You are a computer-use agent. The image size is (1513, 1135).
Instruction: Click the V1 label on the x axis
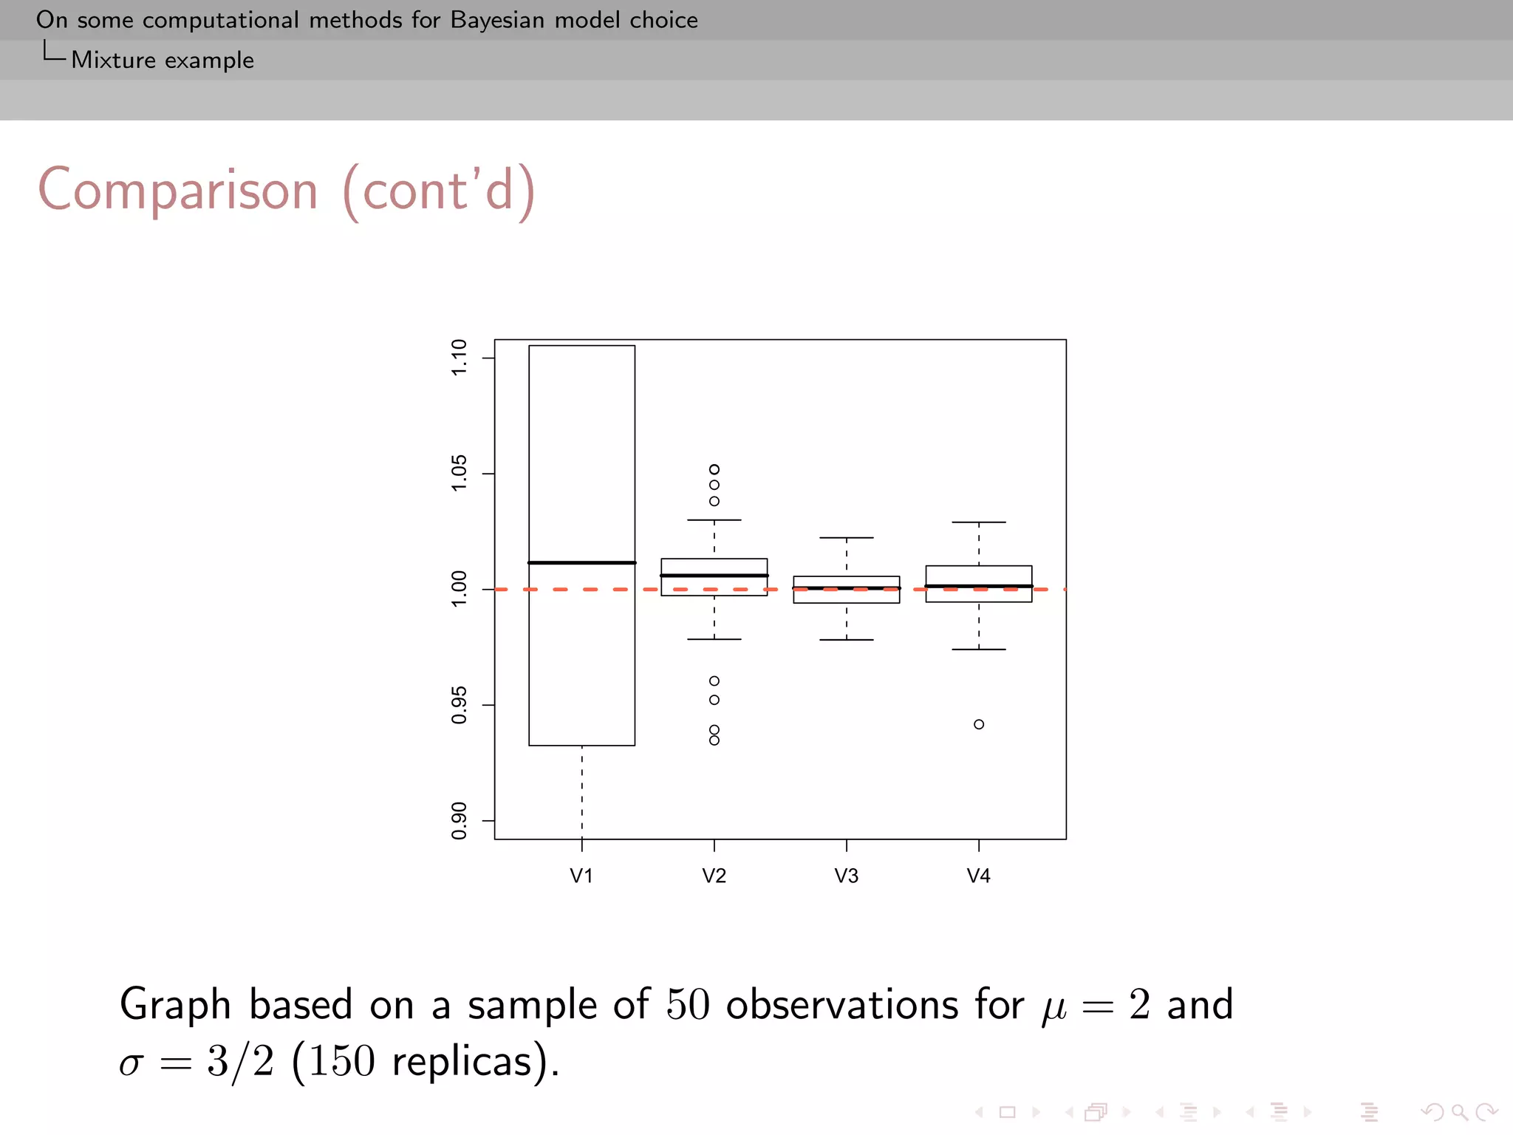coord(581,876)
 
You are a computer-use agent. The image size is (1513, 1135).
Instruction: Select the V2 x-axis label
coord(714,876)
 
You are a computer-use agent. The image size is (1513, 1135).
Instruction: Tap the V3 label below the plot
coord(846,876)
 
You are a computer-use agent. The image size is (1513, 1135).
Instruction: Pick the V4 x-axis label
coord(978,876)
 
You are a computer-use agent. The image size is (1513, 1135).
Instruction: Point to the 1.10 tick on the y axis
coord(460,358)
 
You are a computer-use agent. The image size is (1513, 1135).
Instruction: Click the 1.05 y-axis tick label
coord(460,473)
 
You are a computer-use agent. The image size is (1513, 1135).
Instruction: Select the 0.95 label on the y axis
coord(460,705)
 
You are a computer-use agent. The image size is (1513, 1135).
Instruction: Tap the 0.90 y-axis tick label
coord(460,820)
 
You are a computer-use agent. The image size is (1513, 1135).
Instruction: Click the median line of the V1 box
coord(581,563)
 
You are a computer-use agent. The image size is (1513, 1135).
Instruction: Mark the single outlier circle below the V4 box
coord(979,724)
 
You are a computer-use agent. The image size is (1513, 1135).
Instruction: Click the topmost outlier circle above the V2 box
coord(714,469)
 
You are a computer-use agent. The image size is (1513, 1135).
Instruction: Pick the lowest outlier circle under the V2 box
coord(714,740)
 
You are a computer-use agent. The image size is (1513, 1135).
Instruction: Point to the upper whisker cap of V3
coord(847,538)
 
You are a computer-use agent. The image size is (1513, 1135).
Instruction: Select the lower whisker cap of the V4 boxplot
coord(979,650)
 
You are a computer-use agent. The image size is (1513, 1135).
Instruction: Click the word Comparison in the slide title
coord(178,191)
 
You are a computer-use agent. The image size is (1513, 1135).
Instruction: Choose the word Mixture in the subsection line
coord(113,60)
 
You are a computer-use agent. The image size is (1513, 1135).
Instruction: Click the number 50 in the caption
coord(688,1005)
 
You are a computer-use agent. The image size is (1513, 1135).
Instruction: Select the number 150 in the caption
coord(341,1062)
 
